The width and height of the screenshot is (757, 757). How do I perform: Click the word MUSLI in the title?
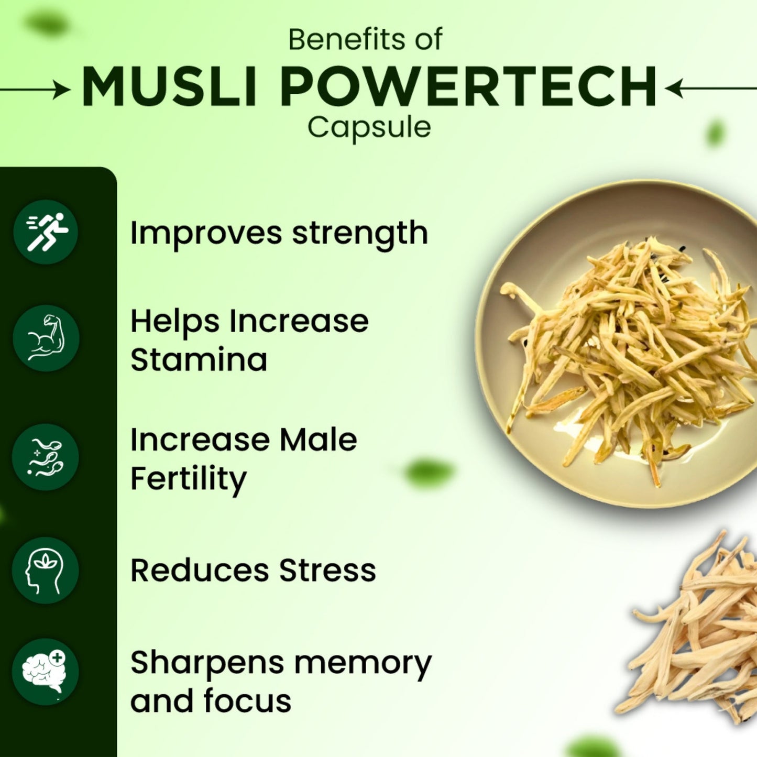point(169,87)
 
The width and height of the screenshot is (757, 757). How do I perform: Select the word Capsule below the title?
point(369,127)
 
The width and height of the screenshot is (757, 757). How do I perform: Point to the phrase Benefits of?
point(365,40)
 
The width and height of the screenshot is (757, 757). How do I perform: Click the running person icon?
point(46,232)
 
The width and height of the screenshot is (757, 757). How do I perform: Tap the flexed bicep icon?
point(46,338)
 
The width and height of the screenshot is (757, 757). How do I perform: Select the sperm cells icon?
point(46,457)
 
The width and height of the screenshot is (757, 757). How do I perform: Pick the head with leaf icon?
point(46,571)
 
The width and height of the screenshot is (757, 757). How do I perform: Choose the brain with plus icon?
point(46,672)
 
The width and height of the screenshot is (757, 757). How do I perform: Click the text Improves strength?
point(279,233)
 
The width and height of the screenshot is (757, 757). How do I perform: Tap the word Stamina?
point(199,360)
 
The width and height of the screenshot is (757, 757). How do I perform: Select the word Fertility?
point(188,479)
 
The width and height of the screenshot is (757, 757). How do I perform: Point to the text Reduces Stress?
point(253,571)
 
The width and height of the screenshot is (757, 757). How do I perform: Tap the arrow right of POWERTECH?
point(710,88)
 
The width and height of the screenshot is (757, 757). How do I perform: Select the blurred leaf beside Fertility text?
point(429,471)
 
